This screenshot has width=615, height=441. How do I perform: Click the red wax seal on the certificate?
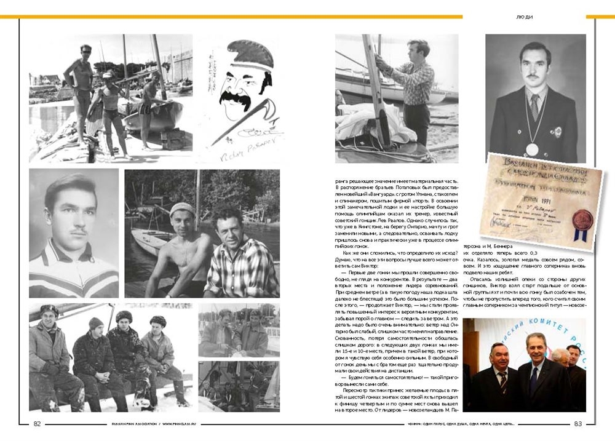tap(582, 218)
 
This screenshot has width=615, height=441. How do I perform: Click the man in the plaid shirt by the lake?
tap(240, 258)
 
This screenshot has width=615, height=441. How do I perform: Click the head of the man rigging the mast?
tap(419, 49)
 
